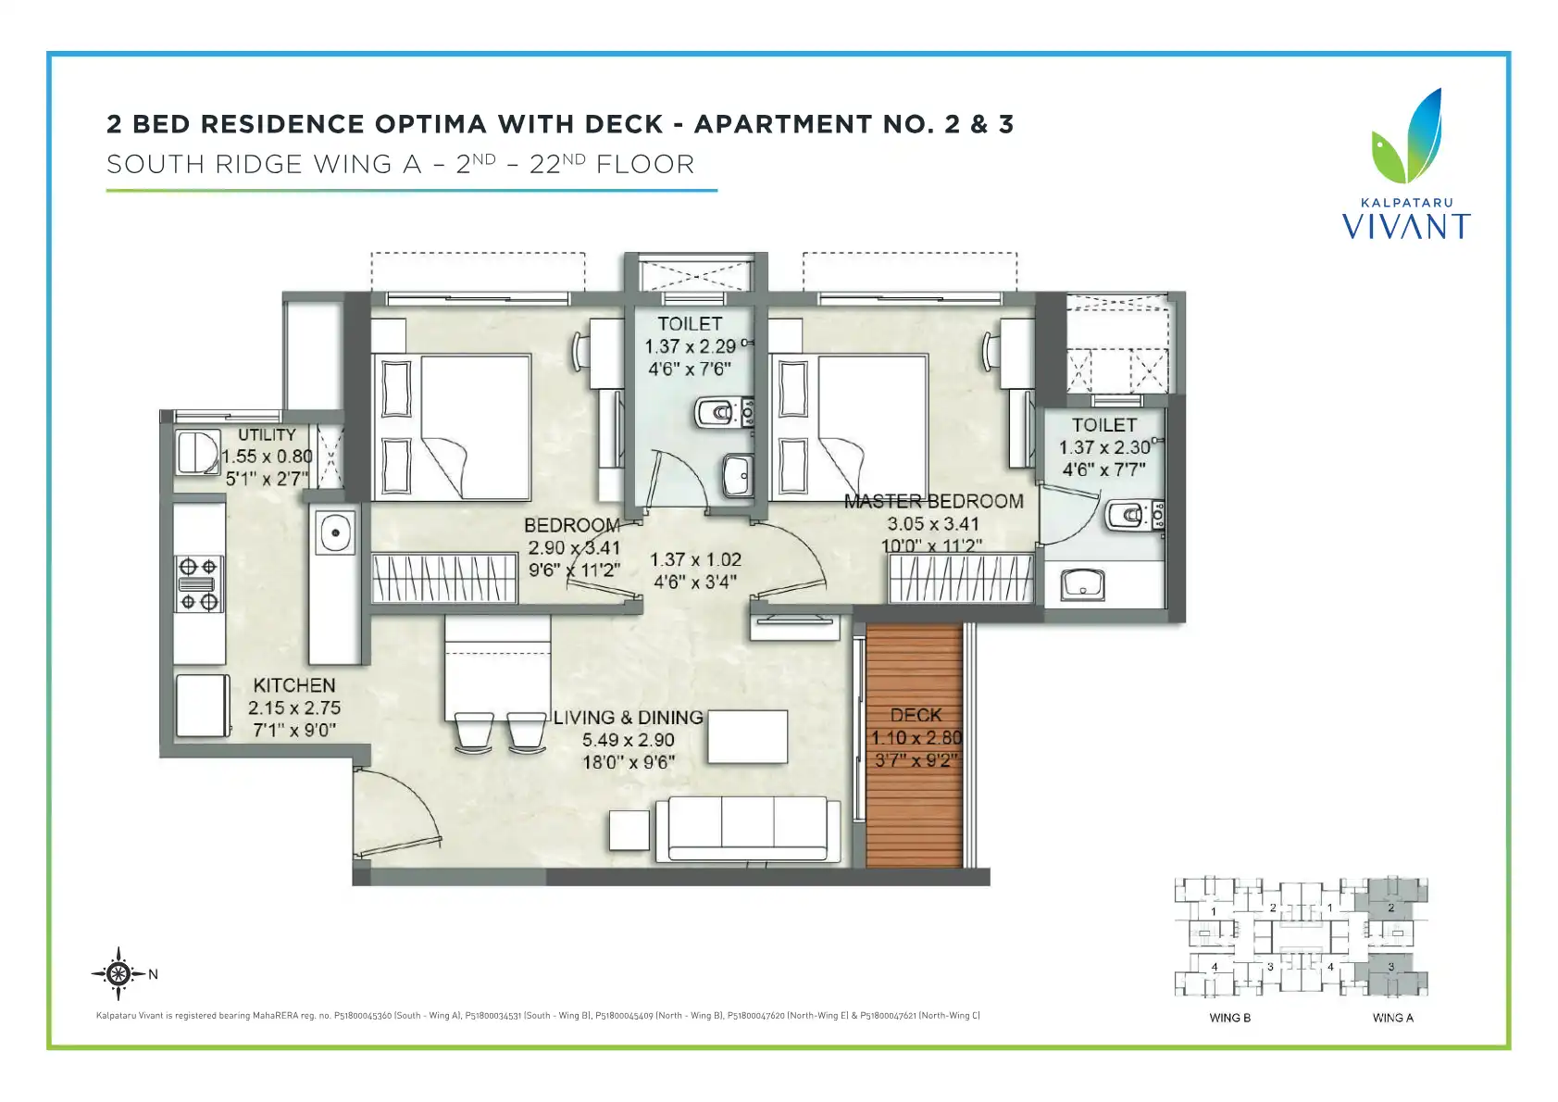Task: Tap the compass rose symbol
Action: click(x=118, y=973)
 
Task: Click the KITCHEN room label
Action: click(x=294, y=685)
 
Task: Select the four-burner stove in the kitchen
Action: click(x=199, y=583)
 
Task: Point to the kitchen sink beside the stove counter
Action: click(x=335, y=532)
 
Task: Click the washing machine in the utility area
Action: click(x=197, y=452)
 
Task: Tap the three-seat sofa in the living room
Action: click(x=748, y=830)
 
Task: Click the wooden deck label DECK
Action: click(x=916, y=715)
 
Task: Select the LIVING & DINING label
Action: click(x=628, y=718)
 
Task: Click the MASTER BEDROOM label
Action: click(x=933, y=501)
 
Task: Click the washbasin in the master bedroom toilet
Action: click(x=1082, y=584)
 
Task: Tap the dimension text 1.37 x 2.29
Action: click(x=690, y=346)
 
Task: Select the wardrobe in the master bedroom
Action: click(x=961, y=578)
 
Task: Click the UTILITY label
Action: click(x=268, y=435)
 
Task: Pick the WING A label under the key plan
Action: click(x=1392, y=1018)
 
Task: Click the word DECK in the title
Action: click(x=623, y=124)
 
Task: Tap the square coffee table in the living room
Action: click(x=629, y=830)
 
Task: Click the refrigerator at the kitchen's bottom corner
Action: click(x=203, y=706)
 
